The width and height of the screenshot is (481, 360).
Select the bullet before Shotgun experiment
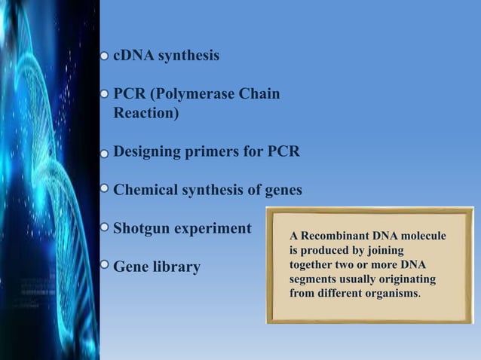point(105,226)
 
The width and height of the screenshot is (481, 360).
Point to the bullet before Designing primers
point(105,152)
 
